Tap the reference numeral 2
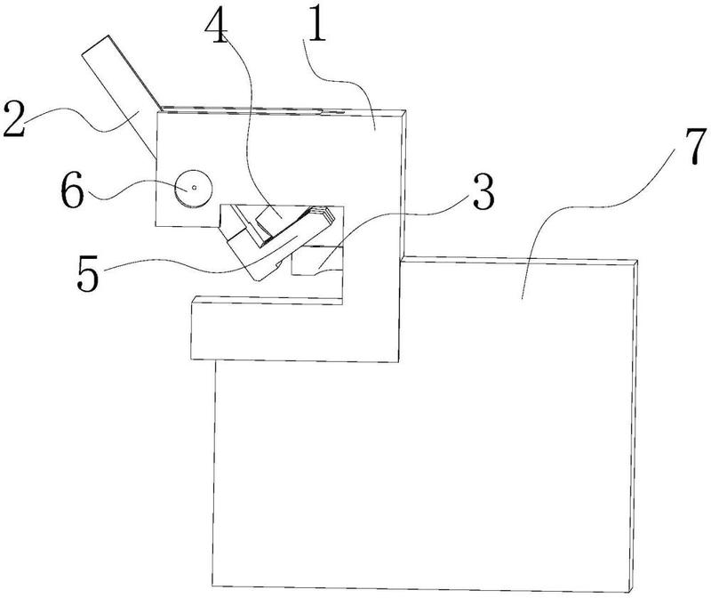point(13,119)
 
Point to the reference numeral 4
point(216,26)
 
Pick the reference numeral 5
point(87,273)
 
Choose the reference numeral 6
point(73,189)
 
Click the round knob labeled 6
point(194,189)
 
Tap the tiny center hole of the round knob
point(194,187)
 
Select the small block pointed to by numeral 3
point(316,261)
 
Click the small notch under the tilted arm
point(280,263)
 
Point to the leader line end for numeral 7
point(522,299)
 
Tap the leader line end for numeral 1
point(375,130)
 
